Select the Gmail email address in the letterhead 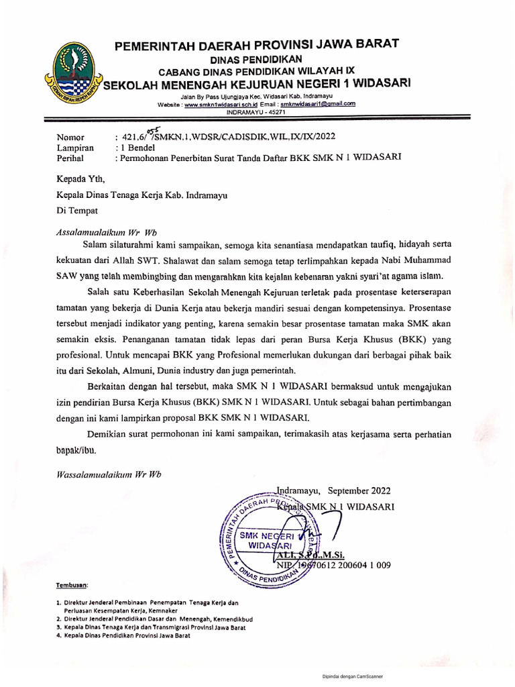point(317,105)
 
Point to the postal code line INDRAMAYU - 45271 point(256,112)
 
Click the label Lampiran point(75,148)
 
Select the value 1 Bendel point(137,148)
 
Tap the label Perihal point(72,158)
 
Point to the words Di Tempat point(77,210)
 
